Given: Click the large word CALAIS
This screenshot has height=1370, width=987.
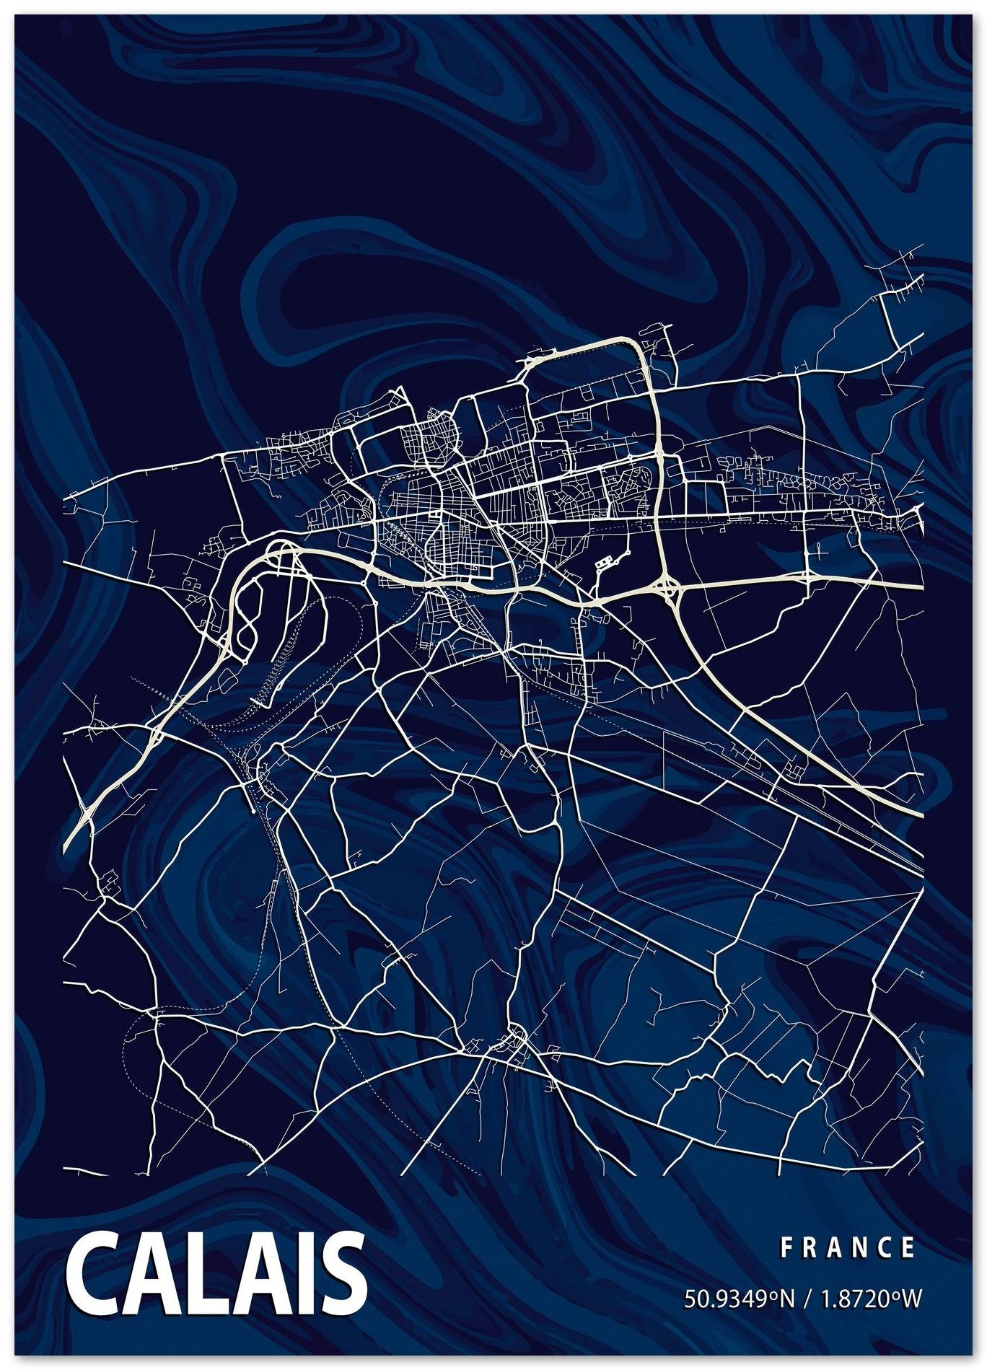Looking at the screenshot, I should point(216,1273).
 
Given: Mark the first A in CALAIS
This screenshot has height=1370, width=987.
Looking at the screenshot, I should point(154,1273).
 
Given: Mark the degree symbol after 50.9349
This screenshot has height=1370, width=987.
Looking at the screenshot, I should point(772,1295).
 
